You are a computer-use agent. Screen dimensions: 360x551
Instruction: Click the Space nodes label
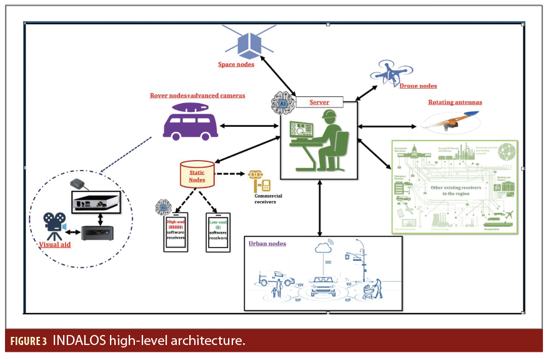coord(236,64)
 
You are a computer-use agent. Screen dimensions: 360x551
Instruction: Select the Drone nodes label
coord(418,86)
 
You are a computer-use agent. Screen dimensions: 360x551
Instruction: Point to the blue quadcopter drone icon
coord(390,74)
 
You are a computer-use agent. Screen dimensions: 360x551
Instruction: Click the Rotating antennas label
coord(455,102)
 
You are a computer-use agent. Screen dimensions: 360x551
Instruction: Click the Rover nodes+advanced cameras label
coord(197,96)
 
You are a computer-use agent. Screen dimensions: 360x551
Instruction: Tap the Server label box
coord(320,101)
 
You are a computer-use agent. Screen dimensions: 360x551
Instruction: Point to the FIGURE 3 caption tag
coord(27,342)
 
